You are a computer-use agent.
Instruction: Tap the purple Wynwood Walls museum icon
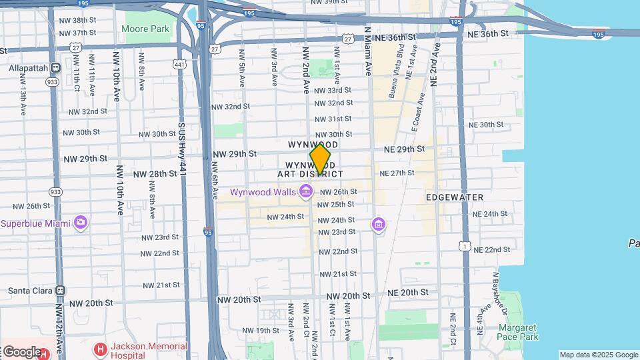tap(306, 192)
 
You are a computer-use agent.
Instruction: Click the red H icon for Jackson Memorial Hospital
tap(101, 349)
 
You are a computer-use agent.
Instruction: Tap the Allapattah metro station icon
tap(55, 68)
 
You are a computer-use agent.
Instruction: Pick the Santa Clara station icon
tap(61, 291)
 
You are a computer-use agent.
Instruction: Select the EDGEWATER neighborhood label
tap(455, 197)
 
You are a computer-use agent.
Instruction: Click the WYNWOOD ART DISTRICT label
tap(311, 169)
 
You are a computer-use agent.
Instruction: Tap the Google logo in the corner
tap(21, 351)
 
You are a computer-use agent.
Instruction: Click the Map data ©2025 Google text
tap(598, 355)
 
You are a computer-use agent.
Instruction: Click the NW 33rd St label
tap(333, 91)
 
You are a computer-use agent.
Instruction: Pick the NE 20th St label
tap(405, 293)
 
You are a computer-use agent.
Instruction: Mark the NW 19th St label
tap(261, 331)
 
